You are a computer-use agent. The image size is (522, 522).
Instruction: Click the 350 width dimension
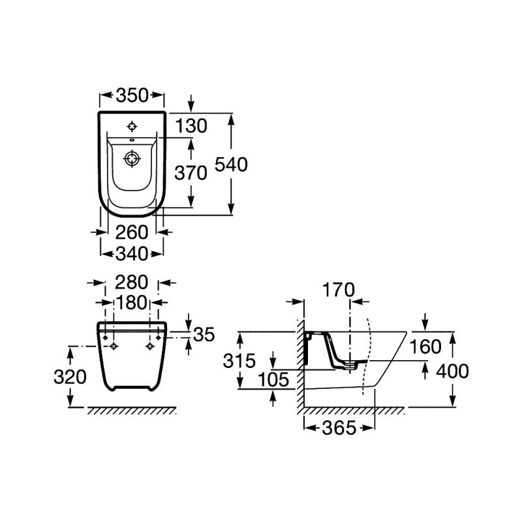pos(132,97)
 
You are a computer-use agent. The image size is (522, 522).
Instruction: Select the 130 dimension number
pos(191,126)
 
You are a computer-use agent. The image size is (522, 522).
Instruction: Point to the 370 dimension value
pos(191,172)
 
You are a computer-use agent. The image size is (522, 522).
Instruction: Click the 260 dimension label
pos(132,232)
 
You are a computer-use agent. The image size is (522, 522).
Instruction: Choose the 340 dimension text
pos(132,253)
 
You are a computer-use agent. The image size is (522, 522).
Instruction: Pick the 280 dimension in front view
pos(132,283)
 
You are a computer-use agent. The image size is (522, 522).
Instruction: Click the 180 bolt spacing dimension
pos(132,303)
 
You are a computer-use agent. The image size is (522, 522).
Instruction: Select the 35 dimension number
pos(204,334)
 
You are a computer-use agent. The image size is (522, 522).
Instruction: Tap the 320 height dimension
pos(70,376)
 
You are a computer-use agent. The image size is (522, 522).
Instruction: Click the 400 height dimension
pos(452,371)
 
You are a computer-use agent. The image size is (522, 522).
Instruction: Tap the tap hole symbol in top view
pos(132,126)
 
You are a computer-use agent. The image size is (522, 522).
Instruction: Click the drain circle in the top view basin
pos(132,158)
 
